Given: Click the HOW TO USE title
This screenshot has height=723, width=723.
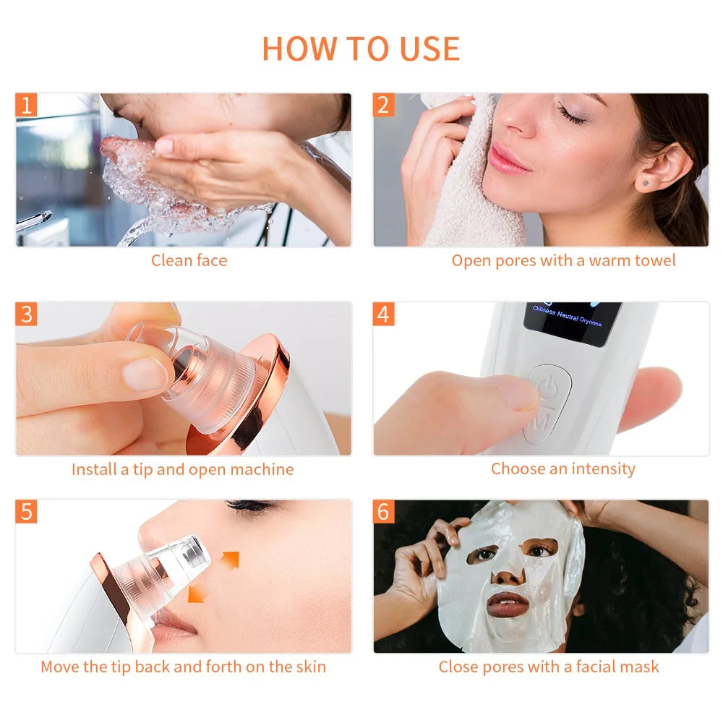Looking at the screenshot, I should pyautogui.click(x=361, y=48).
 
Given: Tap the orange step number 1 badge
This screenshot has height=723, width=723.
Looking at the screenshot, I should pyautogui.click(x=27, y=105).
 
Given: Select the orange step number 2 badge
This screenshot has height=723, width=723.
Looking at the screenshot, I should pyautogui.click(x=383, y=105).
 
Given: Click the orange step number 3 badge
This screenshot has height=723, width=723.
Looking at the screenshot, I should pyautogui.click(x=27, y=314).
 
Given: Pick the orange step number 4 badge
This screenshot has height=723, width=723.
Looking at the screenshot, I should pyautogui.click(x=383, y=314).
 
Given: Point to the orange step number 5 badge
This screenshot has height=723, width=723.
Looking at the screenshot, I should pyautogui.click(x=27, y=511).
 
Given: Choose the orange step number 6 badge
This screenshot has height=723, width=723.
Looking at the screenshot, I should pyautogui.click(x=383, y=511).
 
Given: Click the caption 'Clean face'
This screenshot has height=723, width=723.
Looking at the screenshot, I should pyautogui.click(x=189, y=260).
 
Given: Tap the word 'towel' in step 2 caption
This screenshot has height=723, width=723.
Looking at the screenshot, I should pyautogui.click(x=654, y=260).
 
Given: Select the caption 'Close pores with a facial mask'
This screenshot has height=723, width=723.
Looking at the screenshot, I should pyautogui.click(x=549, y=667).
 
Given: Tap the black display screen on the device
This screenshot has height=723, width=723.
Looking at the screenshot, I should pyautogui.click(x=572, y=323).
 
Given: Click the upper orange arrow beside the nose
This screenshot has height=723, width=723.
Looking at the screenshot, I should pyautogui.click(x=230, y=559).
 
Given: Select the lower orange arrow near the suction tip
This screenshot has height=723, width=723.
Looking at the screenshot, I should pyautogui.click(x=196, y=594).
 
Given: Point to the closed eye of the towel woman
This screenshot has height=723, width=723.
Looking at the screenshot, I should pyautogui.click(x=571, y=116).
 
